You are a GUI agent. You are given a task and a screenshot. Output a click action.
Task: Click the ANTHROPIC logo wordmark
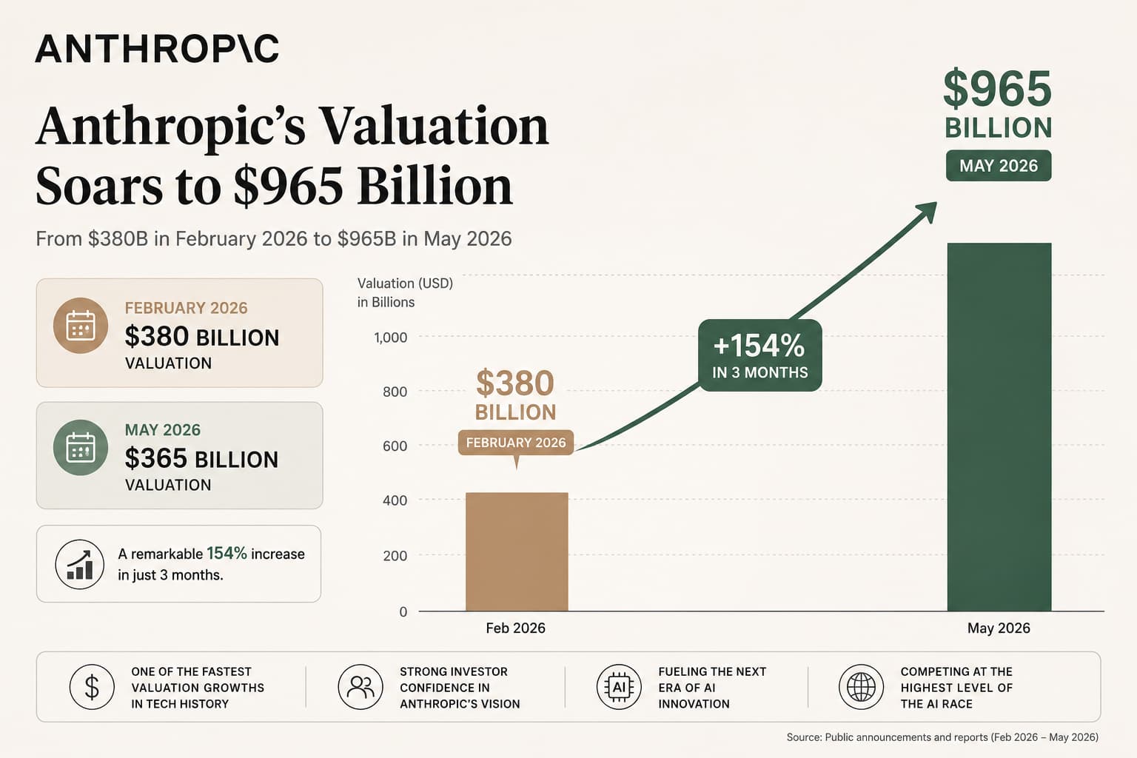click(x=157, y=49)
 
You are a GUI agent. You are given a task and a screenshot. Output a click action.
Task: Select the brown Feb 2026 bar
click(x=517, y=551)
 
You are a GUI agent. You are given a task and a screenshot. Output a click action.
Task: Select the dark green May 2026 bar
click(x=999, y=427)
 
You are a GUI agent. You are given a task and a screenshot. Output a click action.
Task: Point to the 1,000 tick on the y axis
click(x=390, y=337)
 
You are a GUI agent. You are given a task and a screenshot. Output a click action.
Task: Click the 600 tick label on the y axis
click(x=395, y=446)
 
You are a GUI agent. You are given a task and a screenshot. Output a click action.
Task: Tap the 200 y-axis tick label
click(x=395, y=555)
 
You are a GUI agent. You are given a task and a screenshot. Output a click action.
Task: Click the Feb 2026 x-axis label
click(x=515, y=628)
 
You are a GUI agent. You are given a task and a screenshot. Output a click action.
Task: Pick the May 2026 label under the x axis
click(x=999, y=628)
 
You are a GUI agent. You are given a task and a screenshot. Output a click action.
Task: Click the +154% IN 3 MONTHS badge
click(x=760, y=355)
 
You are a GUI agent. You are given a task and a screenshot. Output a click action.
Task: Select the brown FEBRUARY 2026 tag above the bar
click(x=516, y=443)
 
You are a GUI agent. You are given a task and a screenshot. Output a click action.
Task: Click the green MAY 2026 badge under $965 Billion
click(x=999, y=166)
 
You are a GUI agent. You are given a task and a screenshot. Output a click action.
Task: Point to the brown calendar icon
click(x=81, y=326)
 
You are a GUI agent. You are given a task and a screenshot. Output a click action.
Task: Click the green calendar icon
click(x=81, y=447)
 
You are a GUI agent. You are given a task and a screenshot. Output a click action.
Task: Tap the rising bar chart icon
click(x=80, y=564)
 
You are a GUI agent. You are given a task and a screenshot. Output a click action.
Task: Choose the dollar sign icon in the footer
click(x=92, y=687)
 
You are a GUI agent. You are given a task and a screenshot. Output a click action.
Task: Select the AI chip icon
click(x=619, y=687)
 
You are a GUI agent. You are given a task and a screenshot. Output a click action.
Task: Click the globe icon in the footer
click(x=862, y=687)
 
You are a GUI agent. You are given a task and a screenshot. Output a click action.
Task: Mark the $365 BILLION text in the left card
click(x=201, y=458)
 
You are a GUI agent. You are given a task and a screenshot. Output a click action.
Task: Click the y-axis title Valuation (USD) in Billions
click(x=405, y=292)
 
